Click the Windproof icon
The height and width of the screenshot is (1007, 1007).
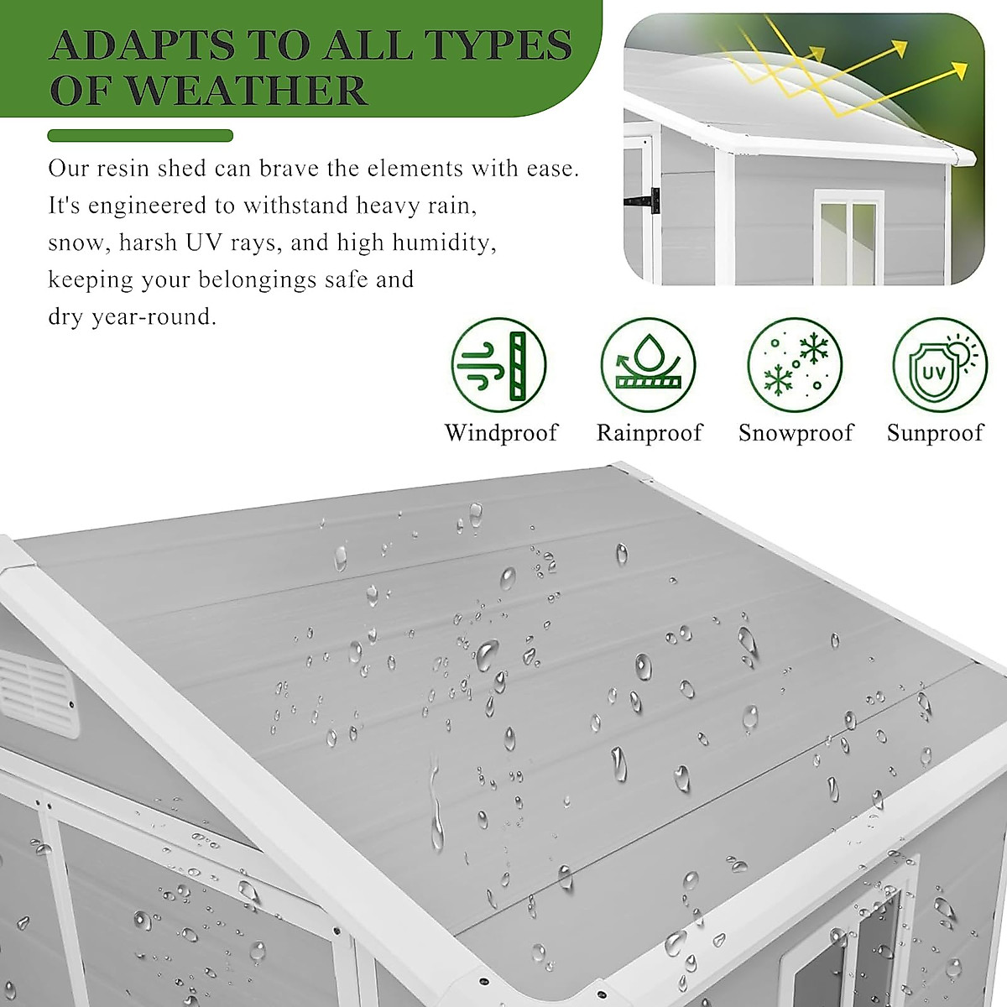click(498, 365)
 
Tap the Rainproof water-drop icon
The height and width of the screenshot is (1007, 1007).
click(648, 365)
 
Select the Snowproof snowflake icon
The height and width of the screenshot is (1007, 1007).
click(795, 365)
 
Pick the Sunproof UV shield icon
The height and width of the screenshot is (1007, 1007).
click(939, 365)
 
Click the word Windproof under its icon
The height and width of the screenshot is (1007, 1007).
click(501, 433)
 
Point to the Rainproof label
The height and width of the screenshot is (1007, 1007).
click(649, 433)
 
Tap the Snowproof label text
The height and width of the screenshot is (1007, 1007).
click(796, 433)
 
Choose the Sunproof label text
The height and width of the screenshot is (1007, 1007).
click(935, 433)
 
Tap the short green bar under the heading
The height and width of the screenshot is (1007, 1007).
click(140, 136)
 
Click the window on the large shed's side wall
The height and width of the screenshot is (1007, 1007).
click(848, 940)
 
